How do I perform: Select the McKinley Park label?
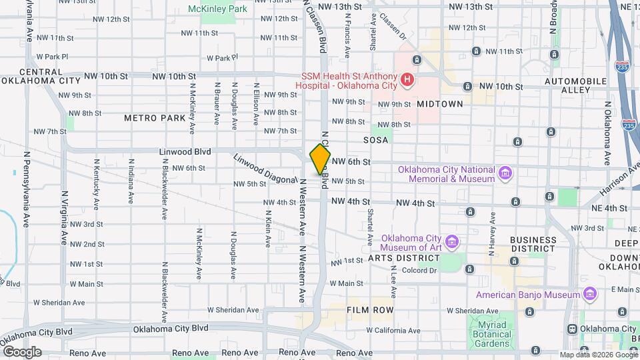(217, 9)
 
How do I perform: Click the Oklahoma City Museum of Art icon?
(453, 241)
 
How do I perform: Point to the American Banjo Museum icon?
(589, 294)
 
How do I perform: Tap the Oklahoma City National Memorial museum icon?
(506, 175)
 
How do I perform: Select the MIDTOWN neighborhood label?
(440, 104)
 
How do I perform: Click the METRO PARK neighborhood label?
(155, 118)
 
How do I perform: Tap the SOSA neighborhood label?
(375, 141)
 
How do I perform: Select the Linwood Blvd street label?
(185, 152)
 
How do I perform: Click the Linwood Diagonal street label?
(265, 169)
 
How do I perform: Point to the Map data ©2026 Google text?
(599, 355)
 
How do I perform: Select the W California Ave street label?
(389, 331)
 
